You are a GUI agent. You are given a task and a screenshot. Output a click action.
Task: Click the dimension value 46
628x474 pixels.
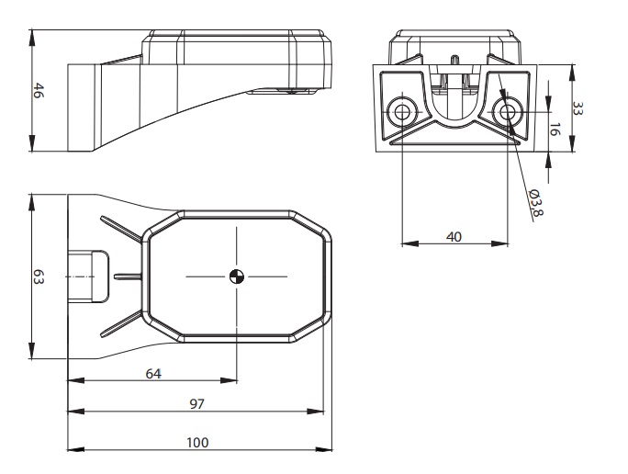(39, 92)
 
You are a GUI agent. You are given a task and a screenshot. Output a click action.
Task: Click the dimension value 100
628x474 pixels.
(196, 442)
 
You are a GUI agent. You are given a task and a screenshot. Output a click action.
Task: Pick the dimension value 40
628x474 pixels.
(454, 236)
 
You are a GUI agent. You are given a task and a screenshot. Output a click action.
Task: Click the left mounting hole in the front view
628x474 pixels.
(402, 111)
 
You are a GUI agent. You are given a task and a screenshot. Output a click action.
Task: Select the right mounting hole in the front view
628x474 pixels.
(506, 111)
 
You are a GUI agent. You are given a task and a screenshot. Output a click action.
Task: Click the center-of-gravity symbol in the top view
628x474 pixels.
(237, 276)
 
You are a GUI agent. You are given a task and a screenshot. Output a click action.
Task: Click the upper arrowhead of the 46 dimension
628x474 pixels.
(32, 36)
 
